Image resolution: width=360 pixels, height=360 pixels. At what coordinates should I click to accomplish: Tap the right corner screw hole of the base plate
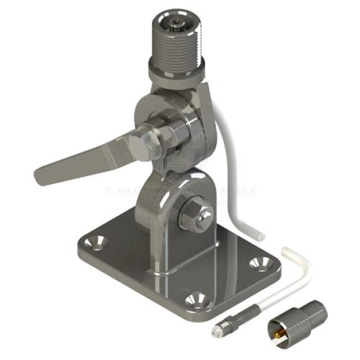256,264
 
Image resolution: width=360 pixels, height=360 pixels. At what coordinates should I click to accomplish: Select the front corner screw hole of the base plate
192,298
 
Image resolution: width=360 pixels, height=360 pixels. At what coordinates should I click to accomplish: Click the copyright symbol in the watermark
109,191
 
